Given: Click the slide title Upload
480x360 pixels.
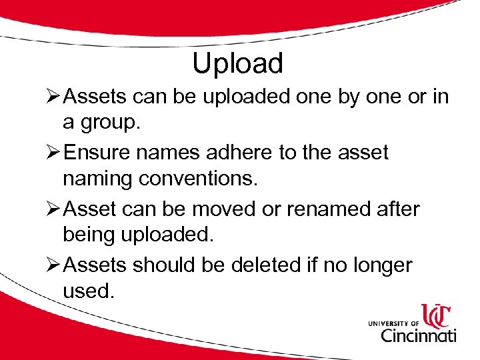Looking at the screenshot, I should click(x=237, y=63).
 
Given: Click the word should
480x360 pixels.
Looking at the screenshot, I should click(x=166, y=265).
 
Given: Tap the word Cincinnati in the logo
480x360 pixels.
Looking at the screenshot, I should click(x=418, y=333).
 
